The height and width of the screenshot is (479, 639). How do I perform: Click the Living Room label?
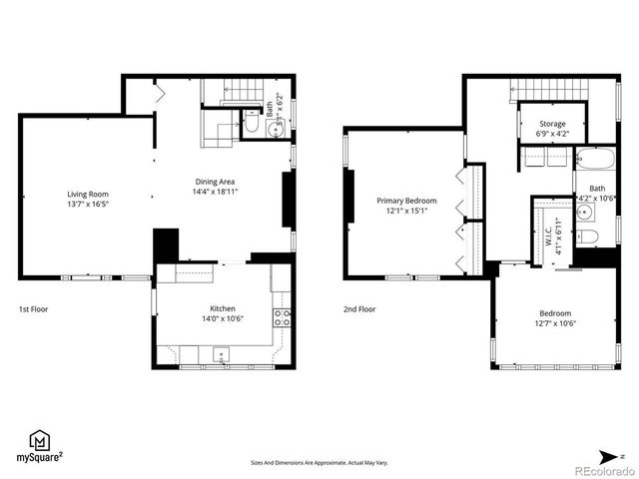(x=88, y=194)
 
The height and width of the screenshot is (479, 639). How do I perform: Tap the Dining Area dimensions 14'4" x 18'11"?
(x=216, y=193)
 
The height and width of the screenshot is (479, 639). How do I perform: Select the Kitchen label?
(x=222, y=308)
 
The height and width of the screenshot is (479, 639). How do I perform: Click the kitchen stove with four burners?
(x=284, y=318)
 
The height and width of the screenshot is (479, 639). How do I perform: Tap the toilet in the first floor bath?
(x=252, y=128)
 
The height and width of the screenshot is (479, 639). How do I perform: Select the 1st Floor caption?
(x=33, y=309)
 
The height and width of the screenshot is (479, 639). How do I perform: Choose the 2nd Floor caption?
(x=360, y=309)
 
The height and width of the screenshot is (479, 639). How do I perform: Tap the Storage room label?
(x=552, y=124)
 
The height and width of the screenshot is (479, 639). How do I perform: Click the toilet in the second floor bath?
(x=590, y=237)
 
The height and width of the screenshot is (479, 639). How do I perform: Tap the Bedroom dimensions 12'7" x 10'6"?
(x=556, y=322)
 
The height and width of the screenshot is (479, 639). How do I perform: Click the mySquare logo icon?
(x=39, y=440)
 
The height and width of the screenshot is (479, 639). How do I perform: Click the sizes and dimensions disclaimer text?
(x=319, y=463)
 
